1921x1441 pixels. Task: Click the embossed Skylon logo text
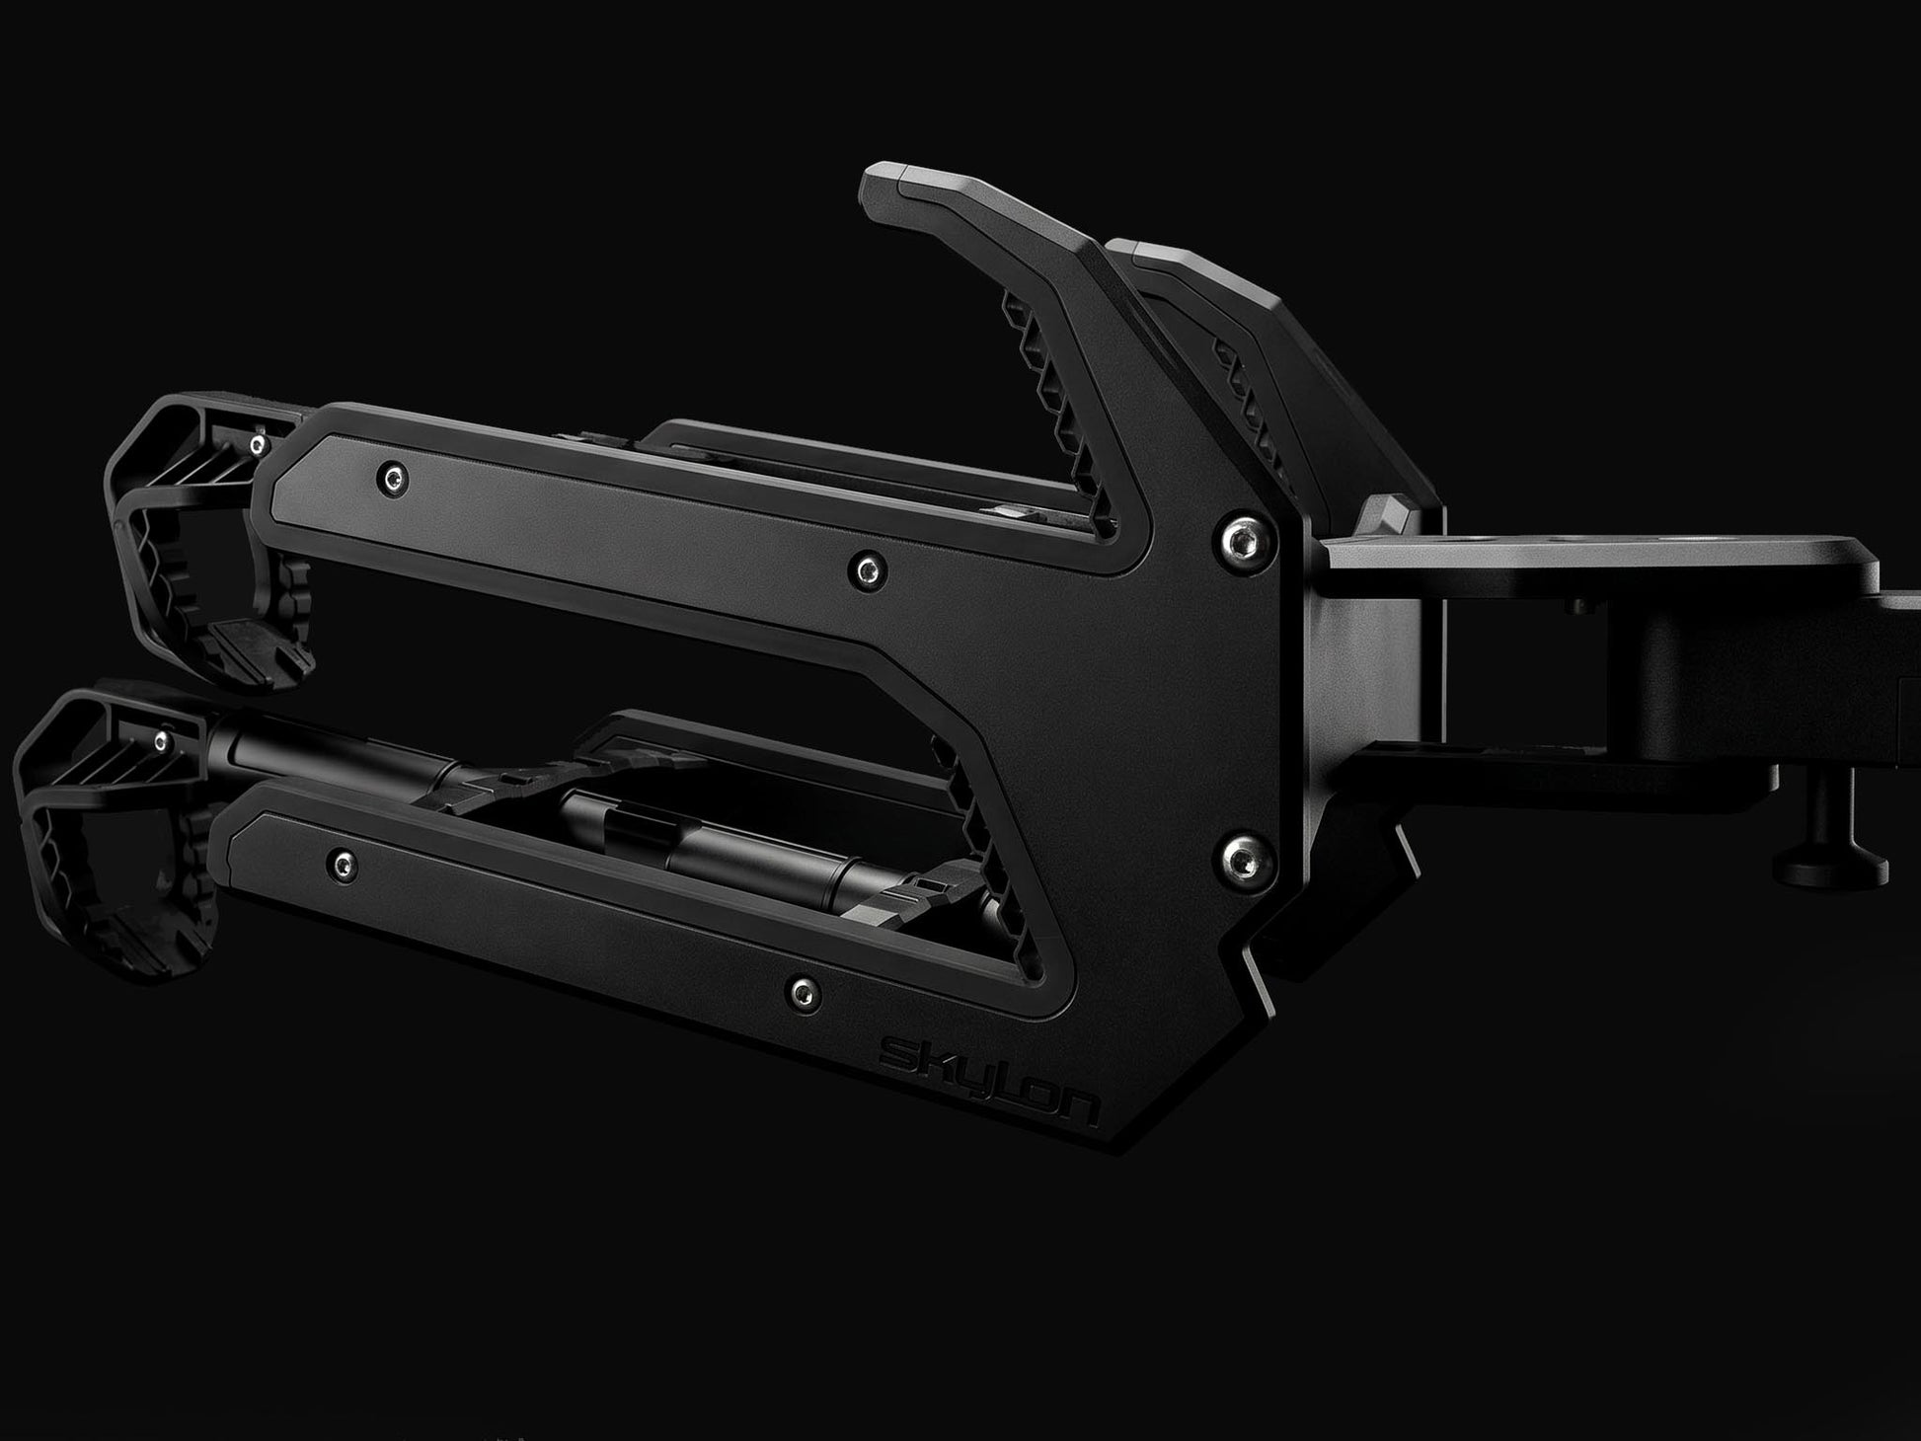pyautogui.click(x=989, y=1083)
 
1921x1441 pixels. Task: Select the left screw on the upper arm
pyautogui.click(x=396, y=479)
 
